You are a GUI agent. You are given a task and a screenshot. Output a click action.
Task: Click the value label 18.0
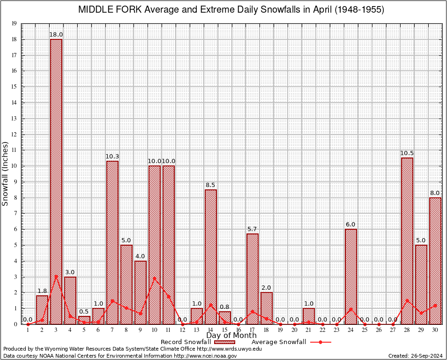coord(56,34)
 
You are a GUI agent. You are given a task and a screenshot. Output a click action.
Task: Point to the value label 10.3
coord(112,157)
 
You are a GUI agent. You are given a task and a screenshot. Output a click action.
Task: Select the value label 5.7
coord(253,229)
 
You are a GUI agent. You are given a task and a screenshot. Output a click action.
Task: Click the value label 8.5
coord(210,185)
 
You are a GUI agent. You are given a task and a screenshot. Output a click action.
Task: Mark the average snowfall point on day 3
coord(56,276)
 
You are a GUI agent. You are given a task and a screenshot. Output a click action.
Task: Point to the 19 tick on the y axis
coord(15,23)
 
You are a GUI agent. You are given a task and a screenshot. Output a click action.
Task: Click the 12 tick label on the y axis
coord(15,135)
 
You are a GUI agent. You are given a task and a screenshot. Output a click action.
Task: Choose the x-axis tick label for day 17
coord(253,330)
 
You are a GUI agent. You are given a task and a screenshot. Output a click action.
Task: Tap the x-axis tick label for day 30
coord(435,330)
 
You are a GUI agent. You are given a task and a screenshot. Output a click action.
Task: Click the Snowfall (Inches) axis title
coord(6,173)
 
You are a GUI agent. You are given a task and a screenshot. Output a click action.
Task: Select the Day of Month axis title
coord(231,336)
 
